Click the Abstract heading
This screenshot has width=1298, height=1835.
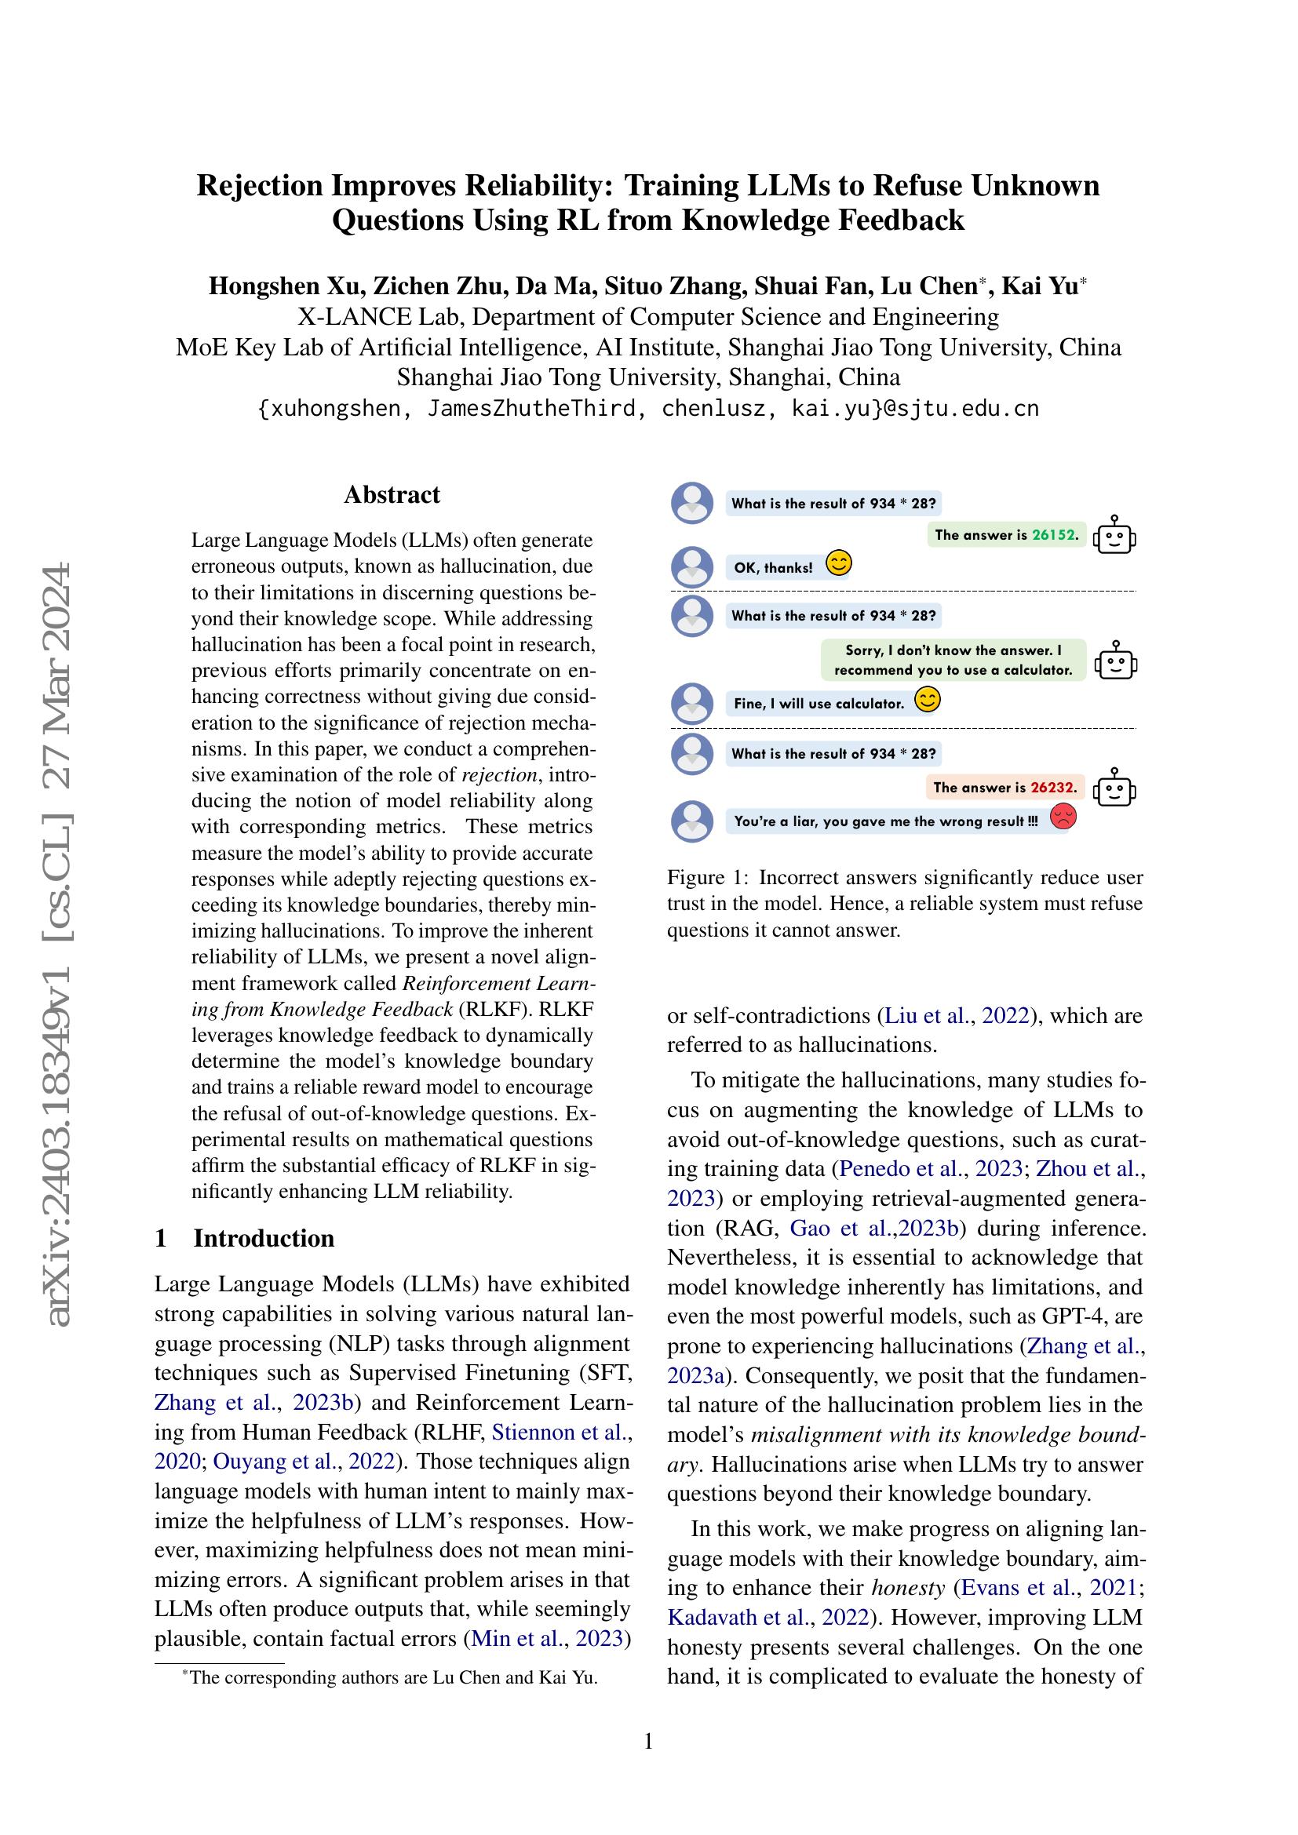(x=392, y=495)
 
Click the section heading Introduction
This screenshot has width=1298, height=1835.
(x=263, y=1238)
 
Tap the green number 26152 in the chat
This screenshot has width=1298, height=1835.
(x=1053, y=535)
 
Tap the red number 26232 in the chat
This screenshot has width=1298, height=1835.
(x=1052, y=787)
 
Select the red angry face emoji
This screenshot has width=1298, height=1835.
(x=1063, y=816)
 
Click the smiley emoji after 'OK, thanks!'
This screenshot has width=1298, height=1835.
(x=838, y=563)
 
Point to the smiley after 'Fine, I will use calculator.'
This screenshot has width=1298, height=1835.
(x=927, y=700)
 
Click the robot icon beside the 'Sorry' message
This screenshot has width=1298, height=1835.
(x=1116, y=661)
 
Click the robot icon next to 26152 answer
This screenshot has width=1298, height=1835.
(x=1114, y=536)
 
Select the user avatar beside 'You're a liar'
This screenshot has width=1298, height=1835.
(x=692, y=821)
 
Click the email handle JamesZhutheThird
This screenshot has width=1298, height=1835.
(x=531, y=409)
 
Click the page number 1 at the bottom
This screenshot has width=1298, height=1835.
(x=648, y=1740)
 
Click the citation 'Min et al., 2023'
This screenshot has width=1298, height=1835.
(x=547, y=1638)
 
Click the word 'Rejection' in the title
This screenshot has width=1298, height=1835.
(x=259, y=185)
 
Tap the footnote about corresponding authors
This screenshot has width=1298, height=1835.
(x=392, y=1677)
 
